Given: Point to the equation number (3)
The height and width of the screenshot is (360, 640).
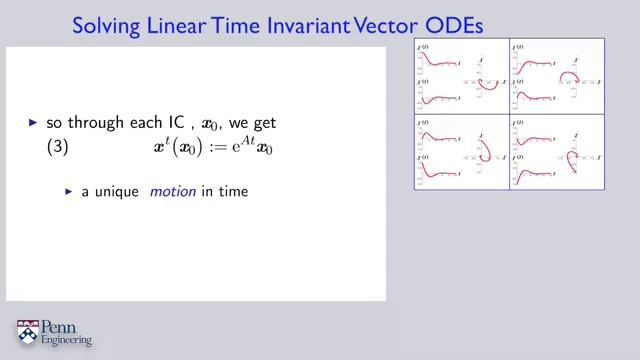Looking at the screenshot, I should (x=62, y=146).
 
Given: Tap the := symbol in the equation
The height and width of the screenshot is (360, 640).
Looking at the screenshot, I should (x=210, y=146).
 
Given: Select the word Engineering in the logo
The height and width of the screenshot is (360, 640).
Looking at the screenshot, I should (x=67, y=341).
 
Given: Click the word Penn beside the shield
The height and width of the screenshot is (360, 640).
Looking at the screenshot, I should (x=63, y=326).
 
